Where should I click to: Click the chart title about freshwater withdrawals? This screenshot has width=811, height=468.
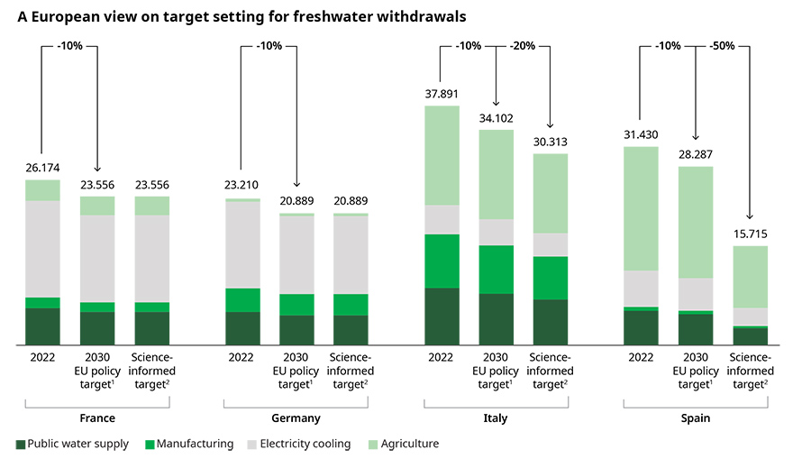(x=242, y=17)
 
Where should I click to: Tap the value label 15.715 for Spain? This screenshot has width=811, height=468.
(x=750, y=234)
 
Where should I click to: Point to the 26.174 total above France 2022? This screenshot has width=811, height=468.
(x=42, y=168)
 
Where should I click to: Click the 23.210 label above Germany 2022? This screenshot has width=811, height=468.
(x=241, y=186)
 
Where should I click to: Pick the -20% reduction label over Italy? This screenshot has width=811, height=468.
(x=523, y=45)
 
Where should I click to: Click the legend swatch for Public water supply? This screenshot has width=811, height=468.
(x=21, y=444)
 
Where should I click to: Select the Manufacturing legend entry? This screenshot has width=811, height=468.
(x=195, y=444)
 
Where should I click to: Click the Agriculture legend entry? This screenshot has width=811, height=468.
(x=409, y=444)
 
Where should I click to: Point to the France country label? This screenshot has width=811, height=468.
(x=97, y=418)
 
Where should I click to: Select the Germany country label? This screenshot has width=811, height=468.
(x=296, y=418)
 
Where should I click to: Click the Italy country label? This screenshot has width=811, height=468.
(x=497, y=418)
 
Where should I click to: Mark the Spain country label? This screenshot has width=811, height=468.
(x=696, y=418)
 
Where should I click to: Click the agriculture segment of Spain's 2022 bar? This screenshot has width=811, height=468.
(x=641, y=208)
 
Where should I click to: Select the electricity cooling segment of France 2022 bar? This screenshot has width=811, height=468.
(x=42, y=249)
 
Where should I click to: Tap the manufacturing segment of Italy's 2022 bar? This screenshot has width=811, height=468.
(x=442, y=261)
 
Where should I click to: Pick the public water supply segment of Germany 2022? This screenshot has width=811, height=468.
(x=241, y=328)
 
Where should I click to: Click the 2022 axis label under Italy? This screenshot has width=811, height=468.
(x=442, y=357)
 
